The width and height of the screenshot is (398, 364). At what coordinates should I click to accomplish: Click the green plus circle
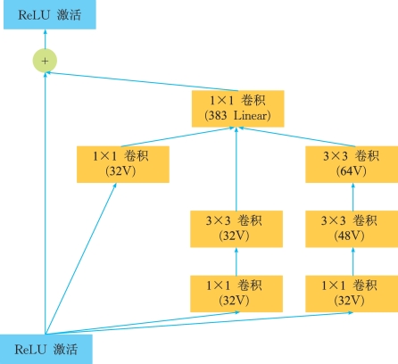point(45,61)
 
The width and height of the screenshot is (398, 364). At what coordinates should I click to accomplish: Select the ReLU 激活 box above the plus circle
point(50,14)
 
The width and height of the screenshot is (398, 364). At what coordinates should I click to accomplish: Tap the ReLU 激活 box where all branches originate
point(46,349)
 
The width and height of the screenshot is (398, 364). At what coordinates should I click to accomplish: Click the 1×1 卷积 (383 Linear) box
point(237,109)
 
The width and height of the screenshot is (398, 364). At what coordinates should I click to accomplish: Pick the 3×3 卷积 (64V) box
point(352,164)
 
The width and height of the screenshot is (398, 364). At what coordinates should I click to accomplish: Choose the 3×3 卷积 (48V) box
point(352,229)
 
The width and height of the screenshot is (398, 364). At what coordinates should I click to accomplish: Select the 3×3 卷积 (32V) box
point(236,229)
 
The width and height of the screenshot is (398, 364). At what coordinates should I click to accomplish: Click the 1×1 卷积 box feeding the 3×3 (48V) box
point(352,294)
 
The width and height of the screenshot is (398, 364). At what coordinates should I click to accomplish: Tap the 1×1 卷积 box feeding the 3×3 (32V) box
point(236,294)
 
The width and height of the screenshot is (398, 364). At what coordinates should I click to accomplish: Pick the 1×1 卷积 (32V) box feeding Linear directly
point(123,164)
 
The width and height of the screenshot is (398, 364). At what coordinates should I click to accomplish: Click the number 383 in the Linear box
point(218,115)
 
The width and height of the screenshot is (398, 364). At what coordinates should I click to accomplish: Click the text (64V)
point(352,171)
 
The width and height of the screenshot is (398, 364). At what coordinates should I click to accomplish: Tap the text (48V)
point(349,236)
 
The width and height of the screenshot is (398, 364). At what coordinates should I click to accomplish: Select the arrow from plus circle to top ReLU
point(45,39)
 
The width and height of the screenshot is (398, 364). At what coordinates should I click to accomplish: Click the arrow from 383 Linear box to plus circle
point(142,81)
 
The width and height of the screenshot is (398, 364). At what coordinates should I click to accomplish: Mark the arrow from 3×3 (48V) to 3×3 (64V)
point(353,197)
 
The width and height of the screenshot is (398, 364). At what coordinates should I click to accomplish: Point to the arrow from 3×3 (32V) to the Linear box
point(236,169)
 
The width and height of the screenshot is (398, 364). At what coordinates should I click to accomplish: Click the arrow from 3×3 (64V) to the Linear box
point(297,136)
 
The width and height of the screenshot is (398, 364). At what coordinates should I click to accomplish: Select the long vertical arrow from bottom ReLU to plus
point(46,203)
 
